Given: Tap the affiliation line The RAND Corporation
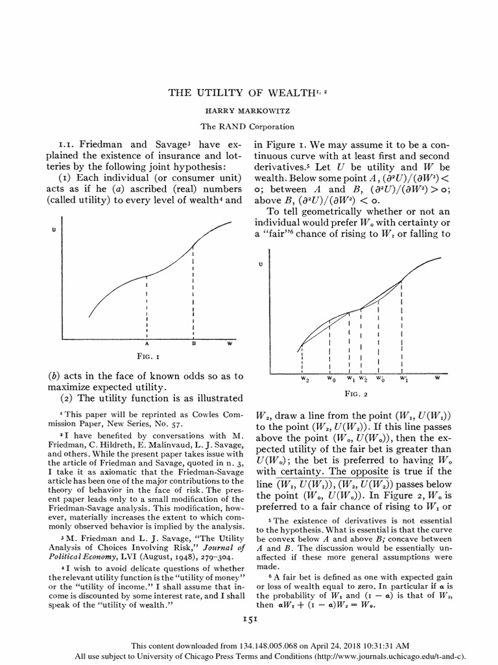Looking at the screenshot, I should pyautogui.click(x=248, y=127).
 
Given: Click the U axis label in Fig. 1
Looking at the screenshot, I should pyautogui.click(x=54, y=230).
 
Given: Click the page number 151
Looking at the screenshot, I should pyautogui.click(x=250, y=620).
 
